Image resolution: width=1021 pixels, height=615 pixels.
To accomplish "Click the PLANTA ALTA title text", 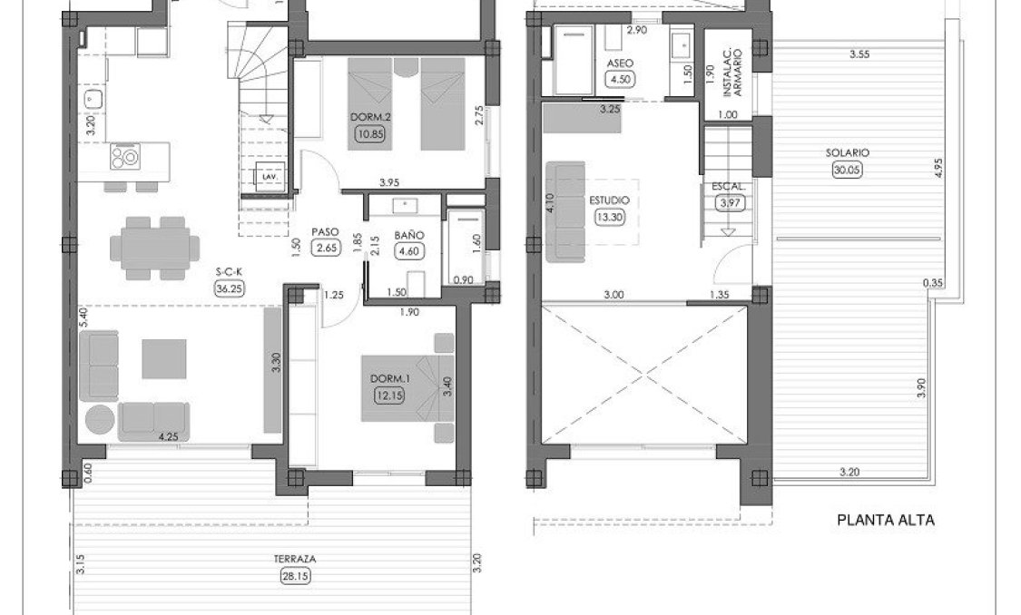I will (x=885, y=521).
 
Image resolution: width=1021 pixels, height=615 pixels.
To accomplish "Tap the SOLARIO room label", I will (x=848, y=153).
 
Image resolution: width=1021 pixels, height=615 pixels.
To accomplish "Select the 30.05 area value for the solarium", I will (x=848, y=170).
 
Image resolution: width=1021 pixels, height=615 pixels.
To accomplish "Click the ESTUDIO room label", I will (x=608, y=200).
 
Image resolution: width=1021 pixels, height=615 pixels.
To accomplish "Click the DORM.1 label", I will (x=392, y=378).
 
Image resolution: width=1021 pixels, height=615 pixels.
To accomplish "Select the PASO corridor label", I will (x=324, y=231).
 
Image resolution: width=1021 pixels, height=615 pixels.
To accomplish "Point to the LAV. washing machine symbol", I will (x=270, y=178).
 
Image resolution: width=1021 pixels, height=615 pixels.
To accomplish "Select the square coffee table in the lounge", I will (x=163, y=358).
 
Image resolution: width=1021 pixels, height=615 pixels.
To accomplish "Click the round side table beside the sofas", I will (x=99, y=420).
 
